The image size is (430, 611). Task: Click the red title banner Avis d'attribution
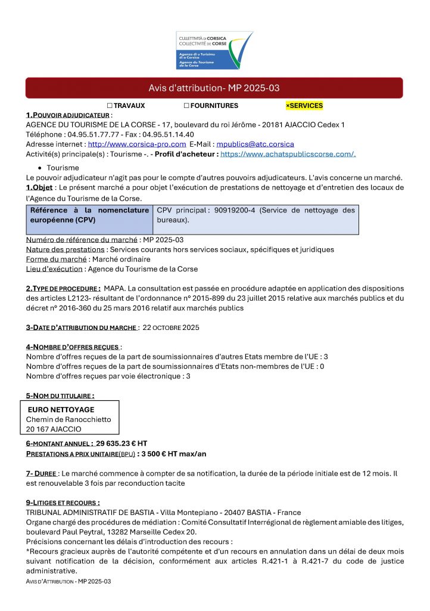(x=214, y=88)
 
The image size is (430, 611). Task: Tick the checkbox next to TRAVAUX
(x=110, y=106)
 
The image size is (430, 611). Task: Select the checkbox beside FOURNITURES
(x=186, y=106)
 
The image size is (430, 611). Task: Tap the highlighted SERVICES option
(x=304, y=106)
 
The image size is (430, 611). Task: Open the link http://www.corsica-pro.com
(x=137, y=144)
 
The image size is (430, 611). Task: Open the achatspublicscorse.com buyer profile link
(x=288, y=154)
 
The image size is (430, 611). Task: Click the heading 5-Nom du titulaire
(x=60, y=396)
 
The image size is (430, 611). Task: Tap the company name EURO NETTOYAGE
(x=61, y=410)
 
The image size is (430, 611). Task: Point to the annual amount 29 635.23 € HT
(x=121, y=443)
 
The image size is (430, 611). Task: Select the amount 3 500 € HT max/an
(x=172, y=453)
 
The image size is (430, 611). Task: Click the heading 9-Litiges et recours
(x=63, y=502)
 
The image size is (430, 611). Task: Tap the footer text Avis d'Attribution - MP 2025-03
(x=68, y=581)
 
